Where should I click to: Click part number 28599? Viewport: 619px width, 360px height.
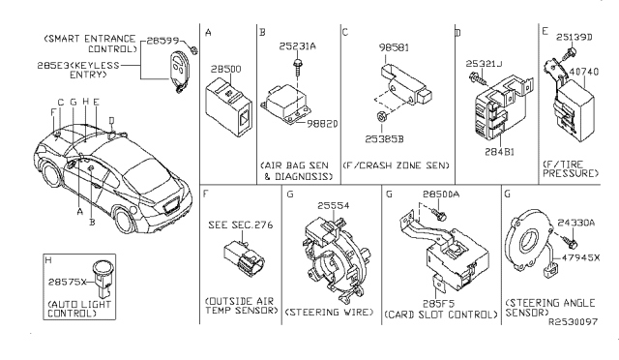click(161, 42)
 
